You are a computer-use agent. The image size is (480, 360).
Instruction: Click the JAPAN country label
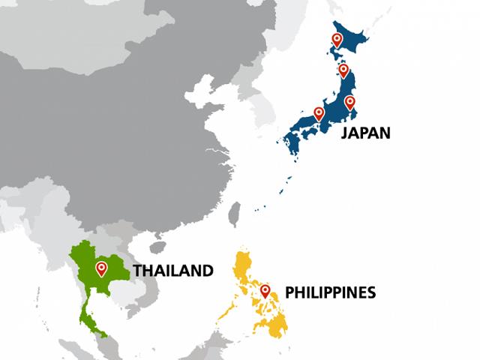click(x=366, y=133)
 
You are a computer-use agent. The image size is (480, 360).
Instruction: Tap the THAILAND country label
click(x=173, y=271)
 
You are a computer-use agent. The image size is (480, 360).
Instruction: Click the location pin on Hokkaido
click(x=337, y=40)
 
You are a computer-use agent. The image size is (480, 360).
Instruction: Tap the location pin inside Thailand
click(x=101, y=268)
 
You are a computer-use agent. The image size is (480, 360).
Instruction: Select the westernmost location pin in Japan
click(x=319, y=114)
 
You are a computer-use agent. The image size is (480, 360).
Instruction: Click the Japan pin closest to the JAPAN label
click(x=349, y=103)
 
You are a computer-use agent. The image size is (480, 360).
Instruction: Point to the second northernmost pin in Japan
click(x=343, y=70)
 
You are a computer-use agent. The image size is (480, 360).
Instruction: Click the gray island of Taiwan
click(x=235, y=213)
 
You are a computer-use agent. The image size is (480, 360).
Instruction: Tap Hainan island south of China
click(x=157, y=246)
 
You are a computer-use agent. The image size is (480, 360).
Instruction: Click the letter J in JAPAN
click(x=345, y=133)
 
